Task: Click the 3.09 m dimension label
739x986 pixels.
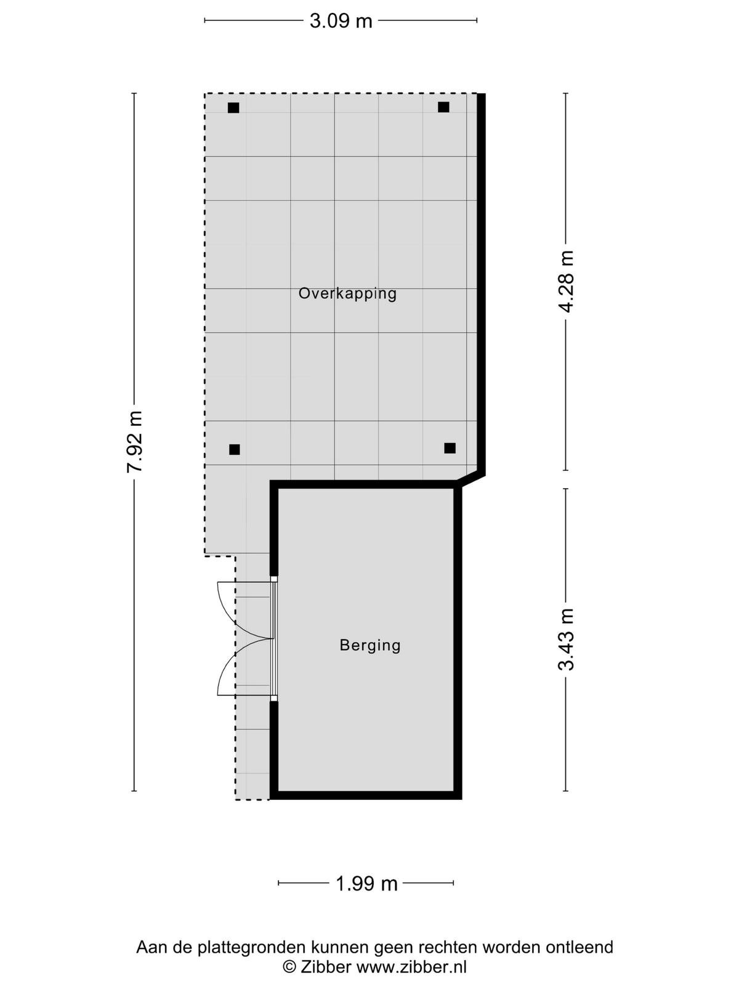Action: [341, 21]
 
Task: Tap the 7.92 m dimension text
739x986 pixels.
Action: [135, 441]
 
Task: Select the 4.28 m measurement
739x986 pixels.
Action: [566, 282]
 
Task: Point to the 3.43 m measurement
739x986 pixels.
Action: [566, 639]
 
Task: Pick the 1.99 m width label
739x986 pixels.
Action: [366, 884]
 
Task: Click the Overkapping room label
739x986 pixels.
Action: [348, 294]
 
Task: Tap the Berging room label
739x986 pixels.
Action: [370, 645]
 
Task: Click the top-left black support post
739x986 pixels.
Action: [233, 108]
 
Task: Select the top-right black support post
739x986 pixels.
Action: [443, 107]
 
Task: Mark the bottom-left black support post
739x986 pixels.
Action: [234, 449]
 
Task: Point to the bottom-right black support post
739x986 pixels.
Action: [450, 448]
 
